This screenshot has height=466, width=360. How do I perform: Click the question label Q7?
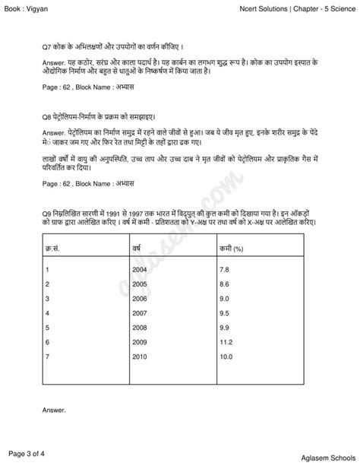47,46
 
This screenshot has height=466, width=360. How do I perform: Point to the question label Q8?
47,117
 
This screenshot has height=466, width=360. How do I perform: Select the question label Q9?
47,208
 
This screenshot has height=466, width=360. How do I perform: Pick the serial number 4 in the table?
48,313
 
